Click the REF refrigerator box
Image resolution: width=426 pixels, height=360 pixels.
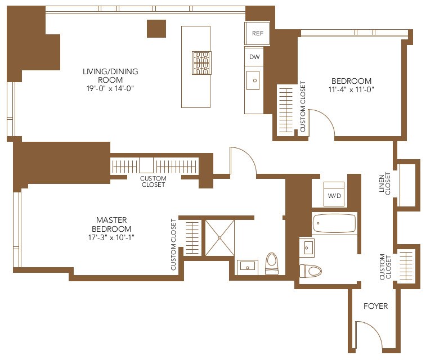(x=257, y=33)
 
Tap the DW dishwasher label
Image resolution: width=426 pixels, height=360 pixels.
(x=254, y=57)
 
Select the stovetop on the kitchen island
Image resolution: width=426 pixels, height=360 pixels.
(x=201, y=62)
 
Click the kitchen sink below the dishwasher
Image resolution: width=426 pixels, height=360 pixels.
(x=253, y=80)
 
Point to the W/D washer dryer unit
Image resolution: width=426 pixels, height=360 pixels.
(x=334, y=194)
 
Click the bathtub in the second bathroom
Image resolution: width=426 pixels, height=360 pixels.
(x=334, y=223)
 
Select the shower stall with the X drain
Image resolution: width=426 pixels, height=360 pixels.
(x=219, y=238)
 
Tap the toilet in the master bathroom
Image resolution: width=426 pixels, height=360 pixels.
(x=272, y=263)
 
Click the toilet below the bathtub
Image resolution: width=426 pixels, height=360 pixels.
(x=311, y=271)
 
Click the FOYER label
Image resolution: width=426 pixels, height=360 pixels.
(x=375, y=306)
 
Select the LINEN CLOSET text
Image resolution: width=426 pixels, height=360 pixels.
(x=385, y=183)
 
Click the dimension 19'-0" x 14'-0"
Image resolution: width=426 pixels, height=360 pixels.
(x=110, y=89)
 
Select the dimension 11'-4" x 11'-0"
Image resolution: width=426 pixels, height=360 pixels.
(x=351, y=89)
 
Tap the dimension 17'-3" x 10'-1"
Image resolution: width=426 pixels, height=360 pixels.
(x=111, y=237)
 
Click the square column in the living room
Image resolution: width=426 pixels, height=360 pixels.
(x=156, y=29)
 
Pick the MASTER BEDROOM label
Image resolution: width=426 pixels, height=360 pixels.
(x=111, y=224)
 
